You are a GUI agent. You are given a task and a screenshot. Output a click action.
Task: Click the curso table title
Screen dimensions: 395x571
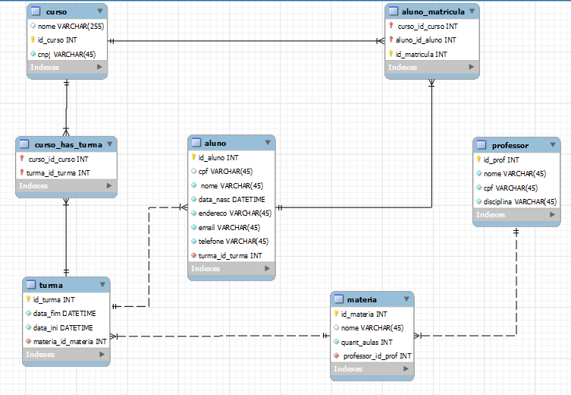point(56,13)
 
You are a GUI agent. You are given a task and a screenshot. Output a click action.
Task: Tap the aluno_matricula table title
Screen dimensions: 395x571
point(425,13)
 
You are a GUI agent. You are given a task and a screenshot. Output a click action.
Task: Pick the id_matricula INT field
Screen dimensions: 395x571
point(422,54)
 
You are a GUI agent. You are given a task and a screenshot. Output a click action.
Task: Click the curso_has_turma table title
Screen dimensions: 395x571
point(68,144)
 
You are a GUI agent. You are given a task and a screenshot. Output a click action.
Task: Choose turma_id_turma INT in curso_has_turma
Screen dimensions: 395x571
point(59,172)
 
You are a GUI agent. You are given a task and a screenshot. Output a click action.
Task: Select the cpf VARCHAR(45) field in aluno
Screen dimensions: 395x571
point(225,172)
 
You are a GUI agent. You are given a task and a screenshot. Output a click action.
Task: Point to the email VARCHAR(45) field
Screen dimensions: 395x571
point(230,227)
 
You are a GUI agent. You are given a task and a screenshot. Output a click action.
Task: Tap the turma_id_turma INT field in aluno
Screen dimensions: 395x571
point(230,255)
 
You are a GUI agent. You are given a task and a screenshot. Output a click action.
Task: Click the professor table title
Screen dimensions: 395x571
point(510,145)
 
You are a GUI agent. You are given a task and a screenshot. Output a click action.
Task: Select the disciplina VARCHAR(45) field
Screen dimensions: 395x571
point(519,201)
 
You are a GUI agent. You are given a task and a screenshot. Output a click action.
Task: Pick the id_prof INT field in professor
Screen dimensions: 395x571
point(502,160)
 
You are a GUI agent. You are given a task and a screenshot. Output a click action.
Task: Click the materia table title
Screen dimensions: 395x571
point(361,300)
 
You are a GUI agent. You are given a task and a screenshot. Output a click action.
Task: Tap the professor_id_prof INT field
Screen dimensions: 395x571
point(376,355)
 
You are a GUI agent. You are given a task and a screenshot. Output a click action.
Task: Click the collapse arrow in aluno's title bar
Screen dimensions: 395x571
point(268,143)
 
